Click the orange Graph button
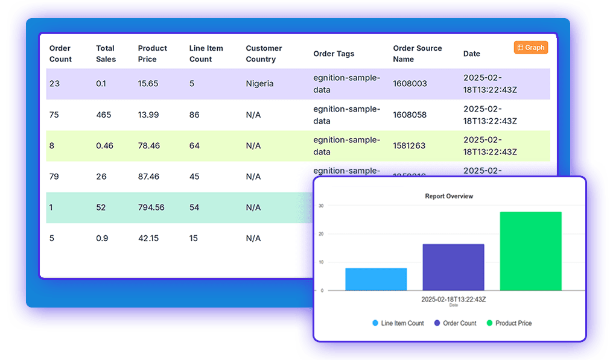[531, 48]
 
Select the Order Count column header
[60, 54]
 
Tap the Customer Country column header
[264, 54]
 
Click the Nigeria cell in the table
[259, 84]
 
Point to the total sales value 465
[104, 115]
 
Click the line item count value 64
[194, 145]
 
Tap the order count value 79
[54, 177]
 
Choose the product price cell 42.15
[148, 238]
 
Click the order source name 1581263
[409, 145]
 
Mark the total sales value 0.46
[104, 145]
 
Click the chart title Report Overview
[449, 197]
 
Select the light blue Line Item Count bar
[376, 279]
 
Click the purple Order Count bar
[453, 267]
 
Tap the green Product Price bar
[530, 251]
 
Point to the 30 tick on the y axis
[322, 206]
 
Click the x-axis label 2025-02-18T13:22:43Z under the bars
[453, 299]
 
